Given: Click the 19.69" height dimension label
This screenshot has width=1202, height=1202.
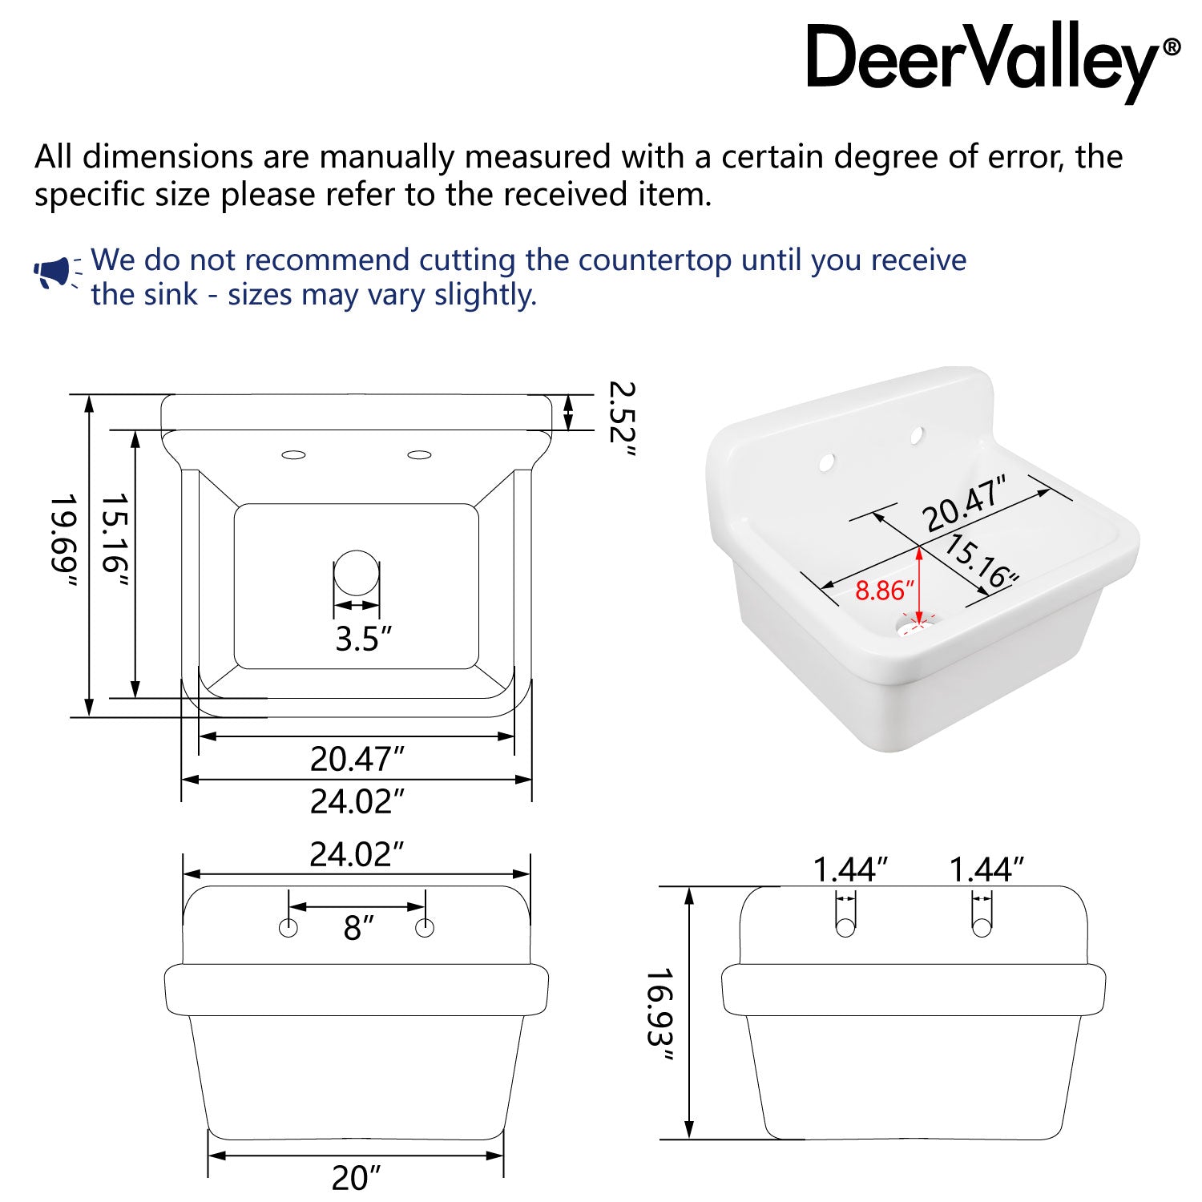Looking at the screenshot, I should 64,542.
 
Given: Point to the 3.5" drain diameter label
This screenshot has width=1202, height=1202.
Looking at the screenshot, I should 364,639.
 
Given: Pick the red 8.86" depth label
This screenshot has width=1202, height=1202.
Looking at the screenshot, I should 885,591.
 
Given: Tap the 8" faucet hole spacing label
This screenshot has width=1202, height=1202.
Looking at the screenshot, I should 359,928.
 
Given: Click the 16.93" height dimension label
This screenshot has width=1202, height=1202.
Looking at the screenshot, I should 659,1014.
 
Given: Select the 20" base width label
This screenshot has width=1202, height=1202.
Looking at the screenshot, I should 356,1177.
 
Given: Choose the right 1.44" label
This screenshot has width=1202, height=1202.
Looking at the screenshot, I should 986,869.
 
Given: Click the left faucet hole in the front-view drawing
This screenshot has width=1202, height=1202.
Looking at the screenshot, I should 288,928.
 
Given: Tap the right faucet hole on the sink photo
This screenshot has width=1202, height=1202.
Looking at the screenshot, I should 916,435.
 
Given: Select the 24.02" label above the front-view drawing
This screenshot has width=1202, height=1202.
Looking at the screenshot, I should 357,855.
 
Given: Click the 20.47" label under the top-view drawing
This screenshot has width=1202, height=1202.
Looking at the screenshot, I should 357,759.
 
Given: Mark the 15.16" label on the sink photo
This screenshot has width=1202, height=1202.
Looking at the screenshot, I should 981,561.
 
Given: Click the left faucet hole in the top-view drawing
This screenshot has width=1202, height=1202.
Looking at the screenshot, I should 294,455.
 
